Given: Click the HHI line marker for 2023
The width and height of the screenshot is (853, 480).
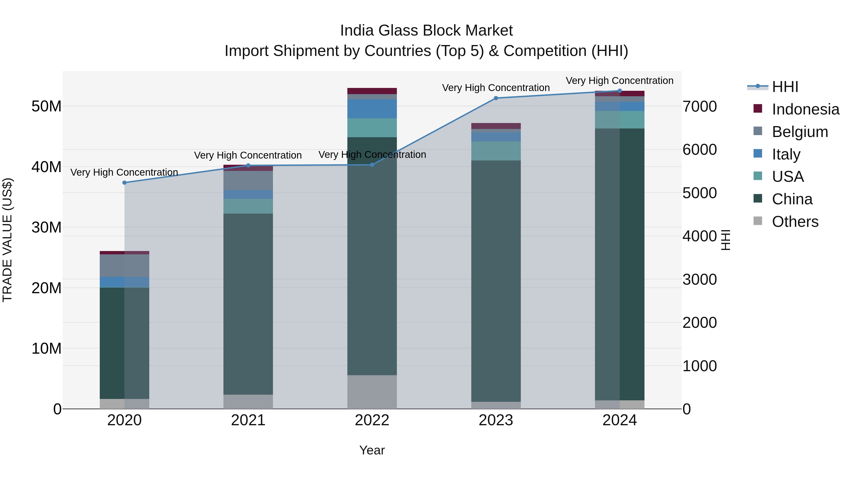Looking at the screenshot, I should coord(496,98).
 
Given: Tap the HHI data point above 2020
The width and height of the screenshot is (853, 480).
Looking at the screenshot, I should coord(124,183).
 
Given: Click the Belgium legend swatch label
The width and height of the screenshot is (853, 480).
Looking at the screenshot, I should coord(800,132).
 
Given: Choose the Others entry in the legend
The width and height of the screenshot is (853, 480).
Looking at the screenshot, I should coord(795,222).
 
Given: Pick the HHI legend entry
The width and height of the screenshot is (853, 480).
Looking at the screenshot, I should coord(785,87).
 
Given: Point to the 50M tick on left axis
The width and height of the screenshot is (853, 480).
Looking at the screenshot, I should coord(46,107).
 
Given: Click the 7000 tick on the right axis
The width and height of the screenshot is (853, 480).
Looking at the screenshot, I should coord(699,107).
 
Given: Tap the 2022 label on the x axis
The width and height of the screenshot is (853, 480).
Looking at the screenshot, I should coord(372,420).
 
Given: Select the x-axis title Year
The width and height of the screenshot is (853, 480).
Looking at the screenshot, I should coord(372,450).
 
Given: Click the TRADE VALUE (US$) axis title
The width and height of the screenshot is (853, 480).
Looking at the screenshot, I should coord(7,240).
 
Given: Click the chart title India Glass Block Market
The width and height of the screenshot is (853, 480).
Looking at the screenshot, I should coord(426,31).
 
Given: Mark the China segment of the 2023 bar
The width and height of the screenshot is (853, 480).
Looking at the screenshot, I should coord(496,282).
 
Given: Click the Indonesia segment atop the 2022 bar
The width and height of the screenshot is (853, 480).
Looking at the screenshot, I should coord(372,91).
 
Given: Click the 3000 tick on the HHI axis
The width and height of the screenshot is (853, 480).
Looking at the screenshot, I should coord(699,280).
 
